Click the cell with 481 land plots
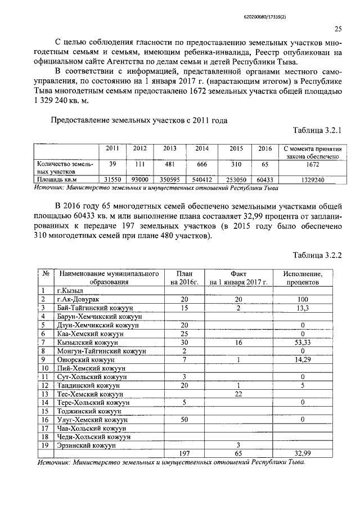click(x=169, y=163)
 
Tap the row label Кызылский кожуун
click(x=87, y=342)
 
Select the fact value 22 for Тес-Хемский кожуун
click(x=238, y=394)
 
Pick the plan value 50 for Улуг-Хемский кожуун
click(x=184, y=419)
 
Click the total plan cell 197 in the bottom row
click(x=184, y=453)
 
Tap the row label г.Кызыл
click(x=70, y=291)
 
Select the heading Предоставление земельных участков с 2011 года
click(x=139, y=119)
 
